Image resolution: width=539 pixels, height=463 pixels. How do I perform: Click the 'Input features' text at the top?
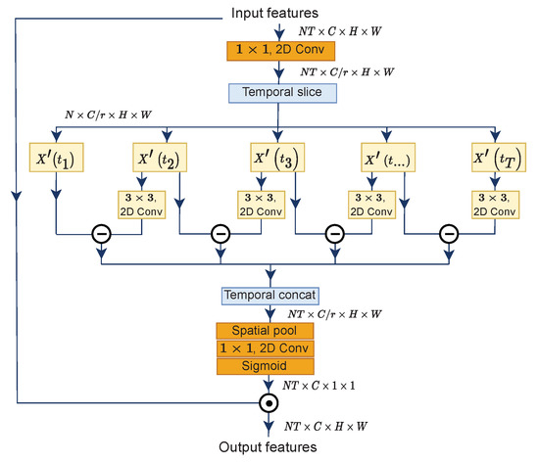(274, 13)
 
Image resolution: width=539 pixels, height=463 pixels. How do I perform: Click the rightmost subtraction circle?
(449, 235)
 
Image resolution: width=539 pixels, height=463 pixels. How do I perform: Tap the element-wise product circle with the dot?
(265, 403)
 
